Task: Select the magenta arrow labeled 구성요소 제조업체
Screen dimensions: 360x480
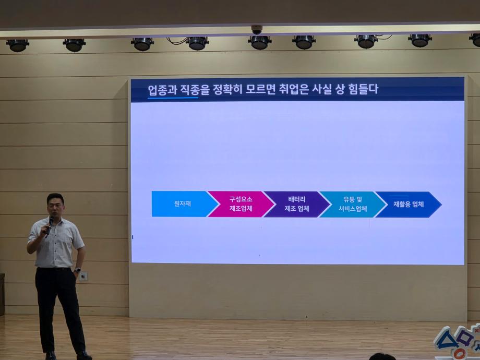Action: [x=241, y=204]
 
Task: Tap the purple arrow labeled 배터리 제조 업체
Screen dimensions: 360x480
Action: [x=296, y=204]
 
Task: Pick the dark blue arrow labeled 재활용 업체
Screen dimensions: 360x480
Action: [x=408, y=204]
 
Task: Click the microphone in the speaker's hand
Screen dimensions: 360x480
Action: [x=50, y=225]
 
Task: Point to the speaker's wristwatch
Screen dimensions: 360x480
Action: [x=77, y=270]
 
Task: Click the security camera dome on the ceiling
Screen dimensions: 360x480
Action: [x=256, y=30]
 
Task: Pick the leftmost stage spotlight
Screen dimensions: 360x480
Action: [x=17, y=45]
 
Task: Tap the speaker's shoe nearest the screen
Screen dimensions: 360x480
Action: [x=83, y=355]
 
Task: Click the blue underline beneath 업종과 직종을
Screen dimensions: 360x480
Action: [x=173, y=98]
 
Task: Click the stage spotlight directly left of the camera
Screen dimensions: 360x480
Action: [x=197, y=43]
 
